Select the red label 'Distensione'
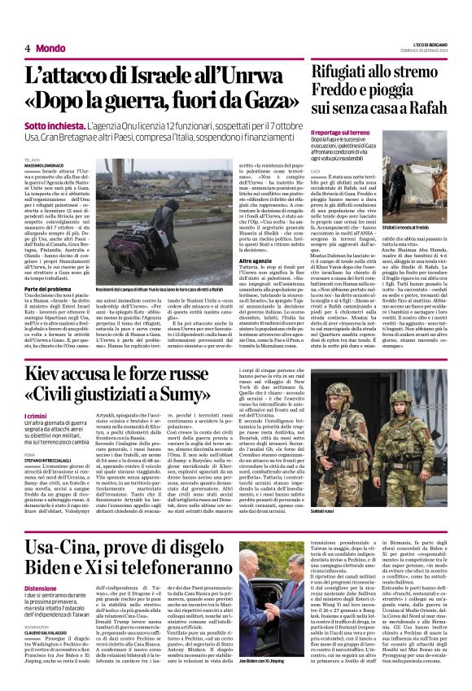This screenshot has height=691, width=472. (41, 588)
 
